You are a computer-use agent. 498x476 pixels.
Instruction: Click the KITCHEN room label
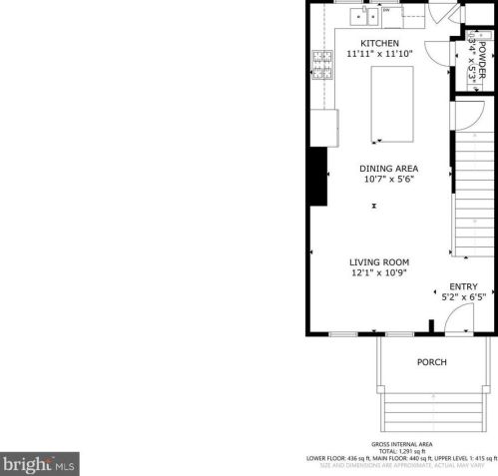tap(379, 44)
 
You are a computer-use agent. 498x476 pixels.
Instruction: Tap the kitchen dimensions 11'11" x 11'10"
tap(379, 55)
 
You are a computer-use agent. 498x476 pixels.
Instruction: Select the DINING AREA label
tap(388, 168)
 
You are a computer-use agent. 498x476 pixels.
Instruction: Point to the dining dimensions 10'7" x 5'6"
tap(388, 180)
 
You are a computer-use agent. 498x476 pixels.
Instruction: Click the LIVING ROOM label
tap(379, 262)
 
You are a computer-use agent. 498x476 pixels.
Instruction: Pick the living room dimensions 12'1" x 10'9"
tap(379, 273)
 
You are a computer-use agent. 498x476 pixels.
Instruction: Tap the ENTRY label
tap(463, 286)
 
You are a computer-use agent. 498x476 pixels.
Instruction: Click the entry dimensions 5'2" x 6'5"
tap(463, 296)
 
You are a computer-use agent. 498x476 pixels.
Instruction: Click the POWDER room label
tap(482, 63)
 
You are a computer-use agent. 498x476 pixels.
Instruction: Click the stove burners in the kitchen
tap(323, 64)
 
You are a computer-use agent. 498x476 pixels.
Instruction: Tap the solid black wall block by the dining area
tap(318, 177)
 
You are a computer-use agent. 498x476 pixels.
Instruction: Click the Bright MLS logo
tap(40, 464)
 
